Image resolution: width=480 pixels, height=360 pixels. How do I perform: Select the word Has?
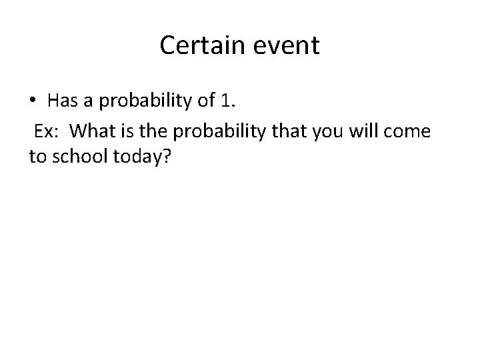point(63,101)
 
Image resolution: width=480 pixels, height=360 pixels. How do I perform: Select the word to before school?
point(37,157)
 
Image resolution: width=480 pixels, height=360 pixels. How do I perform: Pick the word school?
point(79,157)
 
